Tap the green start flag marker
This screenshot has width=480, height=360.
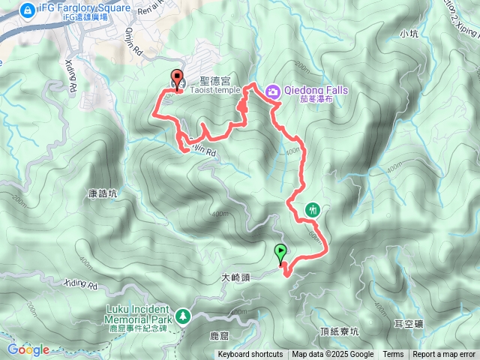point(280,253)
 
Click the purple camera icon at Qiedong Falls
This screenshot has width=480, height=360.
point(274,91)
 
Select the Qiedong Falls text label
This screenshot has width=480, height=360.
point(315,89)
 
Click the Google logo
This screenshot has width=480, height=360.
point(28,349)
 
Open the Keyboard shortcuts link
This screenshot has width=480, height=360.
point(250,355)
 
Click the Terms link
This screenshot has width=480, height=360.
point(393,355)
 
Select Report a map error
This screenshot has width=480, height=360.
point(444,355)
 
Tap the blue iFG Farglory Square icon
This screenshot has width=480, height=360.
point(27,10)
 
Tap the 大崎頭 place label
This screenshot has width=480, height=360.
point(235,277)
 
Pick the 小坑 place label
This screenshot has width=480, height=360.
point(409,33)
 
